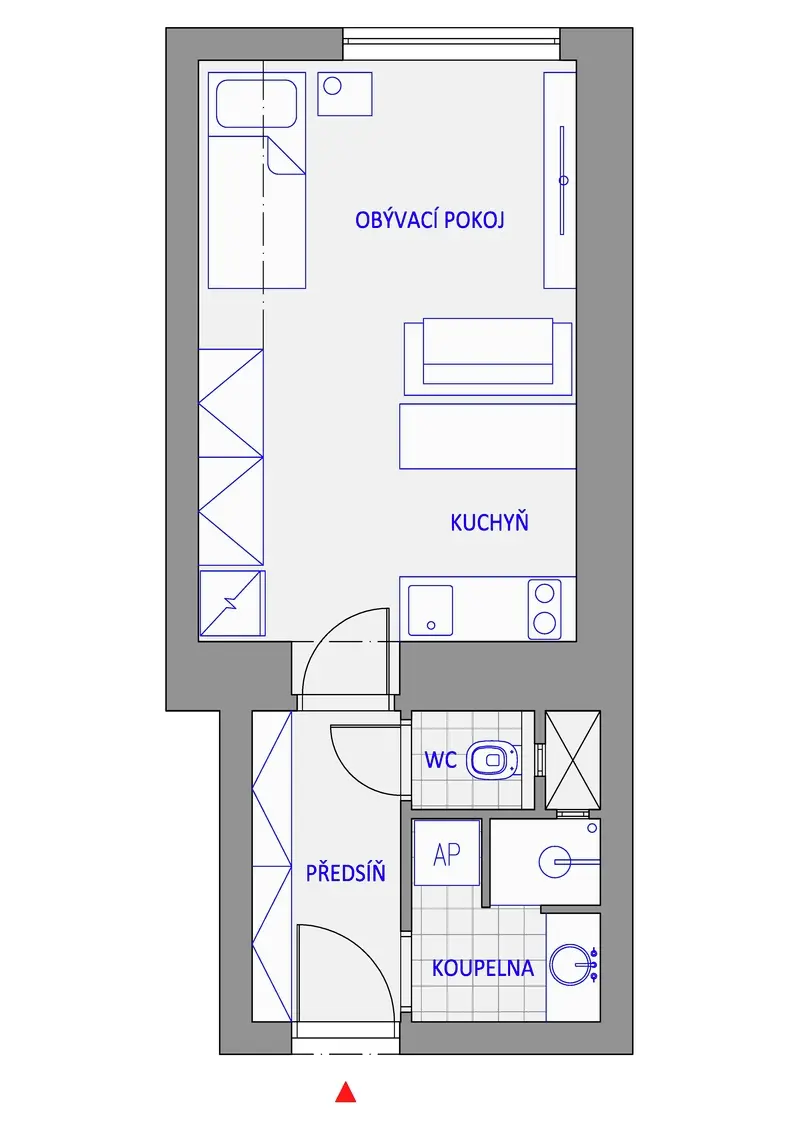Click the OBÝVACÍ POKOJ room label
[430, 219]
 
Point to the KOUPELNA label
[482, 968]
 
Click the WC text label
[440, 759]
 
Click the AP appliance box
[447, 853]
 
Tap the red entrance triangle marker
[346, 1092]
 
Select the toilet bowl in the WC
[492, 759]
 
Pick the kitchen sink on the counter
[430, 610]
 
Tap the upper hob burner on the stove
[544, 594]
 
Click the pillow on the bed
[256, 104]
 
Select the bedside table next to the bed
[345, 94]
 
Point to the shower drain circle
[555, 861]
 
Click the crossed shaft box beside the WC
[573, 760]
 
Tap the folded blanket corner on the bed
[285, 155]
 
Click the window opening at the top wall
[451, 44]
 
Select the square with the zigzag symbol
[232, 604]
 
